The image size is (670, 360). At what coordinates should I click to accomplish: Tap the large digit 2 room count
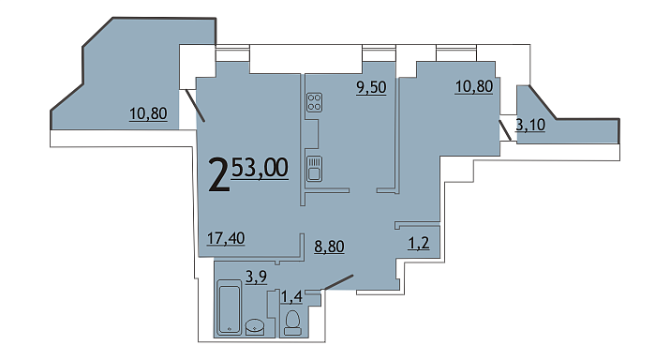click(218, 175)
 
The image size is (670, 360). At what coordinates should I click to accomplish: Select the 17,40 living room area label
click(226, 238)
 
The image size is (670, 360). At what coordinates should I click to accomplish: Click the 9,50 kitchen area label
click(371, 87)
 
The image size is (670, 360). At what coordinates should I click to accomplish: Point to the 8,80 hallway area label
click(329, 247)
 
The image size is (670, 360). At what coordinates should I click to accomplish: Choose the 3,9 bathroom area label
click(257, 277)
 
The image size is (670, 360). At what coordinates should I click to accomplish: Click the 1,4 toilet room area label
click(291, 296)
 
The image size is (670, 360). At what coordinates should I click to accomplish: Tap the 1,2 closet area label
click(419, 243)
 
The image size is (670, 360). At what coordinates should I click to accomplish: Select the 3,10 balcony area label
click(530, 125)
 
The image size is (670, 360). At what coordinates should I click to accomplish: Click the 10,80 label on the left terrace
click(148, 113)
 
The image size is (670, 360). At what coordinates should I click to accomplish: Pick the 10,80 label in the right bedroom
click(474, 86)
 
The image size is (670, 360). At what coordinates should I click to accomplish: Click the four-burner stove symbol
click(315, 102)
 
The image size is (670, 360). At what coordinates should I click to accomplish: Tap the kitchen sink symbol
click(315, 169)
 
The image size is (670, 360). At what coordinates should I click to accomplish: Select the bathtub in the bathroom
click(230, 307)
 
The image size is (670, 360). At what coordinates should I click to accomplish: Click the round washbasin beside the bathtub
click(255, 327)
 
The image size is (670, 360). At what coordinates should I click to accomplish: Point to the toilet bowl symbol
click(292, 322)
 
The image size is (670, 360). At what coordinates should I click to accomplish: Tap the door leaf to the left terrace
click(195, 105)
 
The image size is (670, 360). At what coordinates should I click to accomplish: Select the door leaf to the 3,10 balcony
click(505, 130)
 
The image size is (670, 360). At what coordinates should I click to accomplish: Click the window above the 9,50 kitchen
click(379, 53)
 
